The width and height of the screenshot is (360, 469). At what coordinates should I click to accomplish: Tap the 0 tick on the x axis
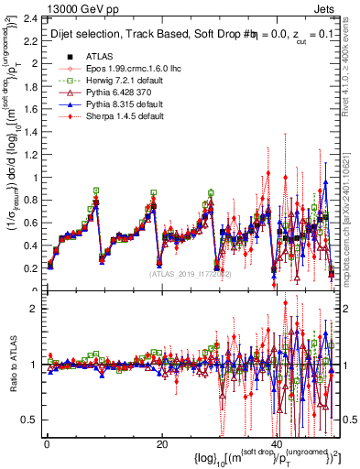47,444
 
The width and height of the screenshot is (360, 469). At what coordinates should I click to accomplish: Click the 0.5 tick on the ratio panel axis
29,420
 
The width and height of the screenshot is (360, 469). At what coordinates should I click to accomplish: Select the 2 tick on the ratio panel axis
35,309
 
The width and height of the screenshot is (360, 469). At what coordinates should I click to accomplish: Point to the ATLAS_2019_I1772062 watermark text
193,274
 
